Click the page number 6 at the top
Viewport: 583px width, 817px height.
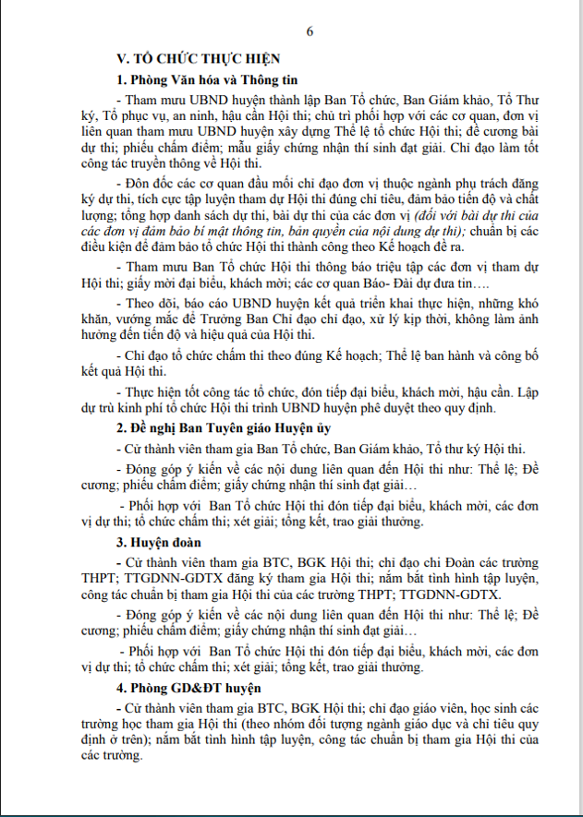pos(310,31)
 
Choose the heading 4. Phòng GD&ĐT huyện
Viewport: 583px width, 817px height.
pos(184,689)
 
